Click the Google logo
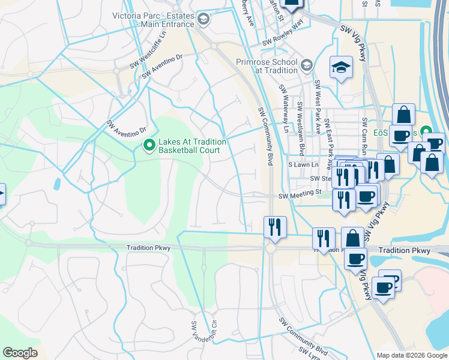coord(20,353)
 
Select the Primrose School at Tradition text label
coord(267,66)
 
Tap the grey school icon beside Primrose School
coord(307,65)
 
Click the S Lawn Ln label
coord(302,164)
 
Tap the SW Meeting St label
coord(301,195)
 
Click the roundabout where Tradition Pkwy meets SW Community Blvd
coord(270,248)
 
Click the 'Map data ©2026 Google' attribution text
coord(412,355)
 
